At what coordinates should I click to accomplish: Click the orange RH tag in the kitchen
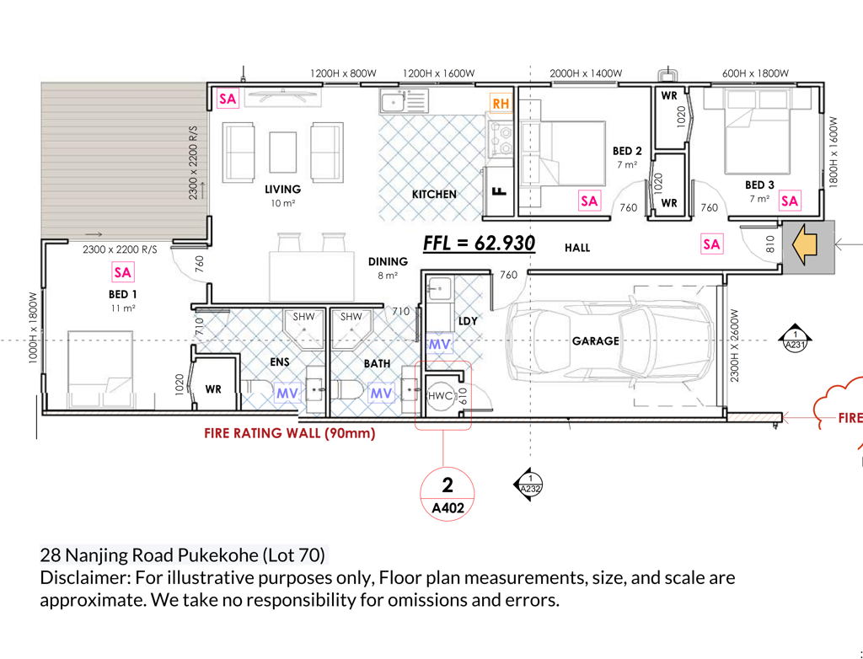501,104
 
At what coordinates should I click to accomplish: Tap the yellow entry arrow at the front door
804,244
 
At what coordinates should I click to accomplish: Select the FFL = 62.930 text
479,243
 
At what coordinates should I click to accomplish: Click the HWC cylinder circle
440,395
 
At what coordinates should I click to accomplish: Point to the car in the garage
610,341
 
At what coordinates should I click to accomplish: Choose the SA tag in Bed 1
122,272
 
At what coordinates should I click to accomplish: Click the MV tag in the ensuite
287,393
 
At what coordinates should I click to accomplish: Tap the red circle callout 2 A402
448,493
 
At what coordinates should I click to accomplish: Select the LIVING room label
283,190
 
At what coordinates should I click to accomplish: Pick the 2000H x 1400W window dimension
586,73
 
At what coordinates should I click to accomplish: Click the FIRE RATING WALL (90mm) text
290,433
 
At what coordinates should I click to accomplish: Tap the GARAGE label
596,341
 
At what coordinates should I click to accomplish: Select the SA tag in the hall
711,244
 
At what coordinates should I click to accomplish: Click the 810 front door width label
770,244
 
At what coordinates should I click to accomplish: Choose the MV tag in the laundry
439,345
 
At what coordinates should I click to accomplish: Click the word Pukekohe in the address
219,555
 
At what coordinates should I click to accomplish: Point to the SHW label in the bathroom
351,317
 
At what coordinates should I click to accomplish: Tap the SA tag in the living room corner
228,99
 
